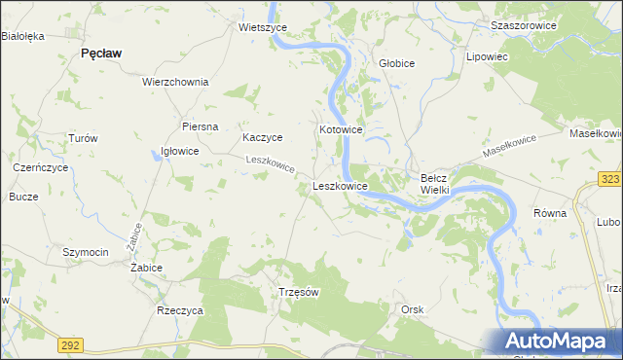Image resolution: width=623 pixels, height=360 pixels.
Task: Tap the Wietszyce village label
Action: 261,28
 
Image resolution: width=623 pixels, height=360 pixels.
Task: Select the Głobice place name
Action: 396,63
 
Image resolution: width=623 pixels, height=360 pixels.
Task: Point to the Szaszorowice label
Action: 524,25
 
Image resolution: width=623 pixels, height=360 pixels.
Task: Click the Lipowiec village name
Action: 489,57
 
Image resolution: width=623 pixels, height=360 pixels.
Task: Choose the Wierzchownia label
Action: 175,82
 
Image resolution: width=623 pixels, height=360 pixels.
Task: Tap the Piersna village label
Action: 200,126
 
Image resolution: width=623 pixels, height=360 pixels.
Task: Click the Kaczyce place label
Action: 263,138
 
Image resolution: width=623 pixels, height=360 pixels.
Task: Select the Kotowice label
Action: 341,129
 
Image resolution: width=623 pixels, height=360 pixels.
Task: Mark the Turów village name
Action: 83,138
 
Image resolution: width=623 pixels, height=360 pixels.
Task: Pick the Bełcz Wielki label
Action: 433,184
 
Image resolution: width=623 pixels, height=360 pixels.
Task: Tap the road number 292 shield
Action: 70,344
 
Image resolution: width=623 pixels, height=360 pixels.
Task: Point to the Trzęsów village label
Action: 299,292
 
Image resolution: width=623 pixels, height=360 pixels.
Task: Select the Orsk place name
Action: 413,309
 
